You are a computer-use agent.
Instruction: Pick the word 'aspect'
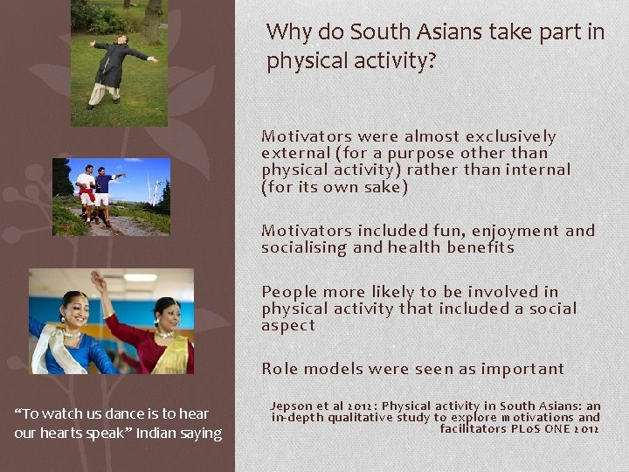[287, 325]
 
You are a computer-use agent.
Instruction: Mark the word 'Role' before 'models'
[279, 369]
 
